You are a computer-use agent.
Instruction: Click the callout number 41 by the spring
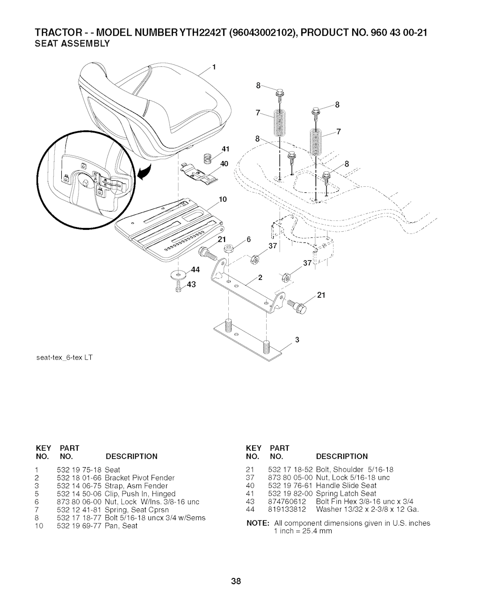(225, 149)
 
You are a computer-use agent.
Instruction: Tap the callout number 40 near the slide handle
(224, 164)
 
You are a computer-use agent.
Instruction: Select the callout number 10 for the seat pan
(223, 199)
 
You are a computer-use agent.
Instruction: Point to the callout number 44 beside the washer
(196, 270)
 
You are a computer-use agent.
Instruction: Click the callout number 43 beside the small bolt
(191, 285)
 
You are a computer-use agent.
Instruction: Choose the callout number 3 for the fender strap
(297, 340)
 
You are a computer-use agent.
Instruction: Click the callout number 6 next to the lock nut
(249, 240)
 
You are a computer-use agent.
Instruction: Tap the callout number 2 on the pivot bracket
(261, 277)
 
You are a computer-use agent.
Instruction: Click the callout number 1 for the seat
(214, 67)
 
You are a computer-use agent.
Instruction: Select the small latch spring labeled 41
(208, 158)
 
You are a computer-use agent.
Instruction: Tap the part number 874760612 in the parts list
(287, 501)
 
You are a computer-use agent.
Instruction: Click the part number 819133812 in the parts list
(287, 509)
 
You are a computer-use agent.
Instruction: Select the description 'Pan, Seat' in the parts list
(121, 526)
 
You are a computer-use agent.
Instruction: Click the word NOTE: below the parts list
(258, 523)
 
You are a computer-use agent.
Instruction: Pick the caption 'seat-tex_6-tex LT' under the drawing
(65, 358)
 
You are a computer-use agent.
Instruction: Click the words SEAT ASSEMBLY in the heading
(72, 44)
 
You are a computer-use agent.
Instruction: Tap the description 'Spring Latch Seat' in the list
(346, 493)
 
